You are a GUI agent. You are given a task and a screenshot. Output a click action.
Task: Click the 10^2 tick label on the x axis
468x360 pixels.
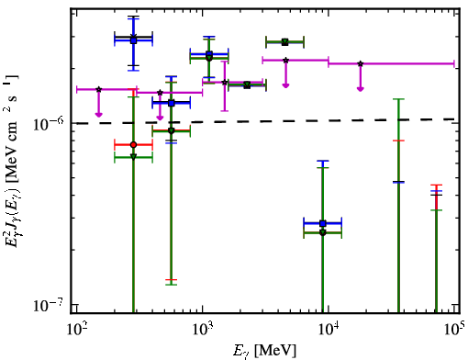point(77,330)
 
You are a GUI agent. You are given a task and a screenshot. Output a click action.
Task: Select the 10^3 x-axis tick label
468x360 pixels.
point(203,330)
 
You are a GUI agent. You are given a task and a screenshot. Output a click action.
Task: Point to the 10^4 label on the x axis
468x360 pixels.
point(329,330)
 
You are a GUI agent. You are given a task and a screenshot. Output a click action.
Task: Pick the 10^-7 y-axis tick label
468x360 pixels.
point(50,305)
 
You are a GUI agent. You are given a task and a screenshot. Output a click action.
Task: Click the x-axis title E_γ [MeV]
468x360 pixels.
point(264,350)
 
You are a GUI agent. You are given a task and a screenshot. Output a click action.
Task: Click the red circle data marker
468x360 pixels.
point(133,145)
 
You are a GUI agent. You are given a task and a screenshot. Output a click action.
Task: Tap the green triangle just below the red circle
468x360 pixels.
point(133,157)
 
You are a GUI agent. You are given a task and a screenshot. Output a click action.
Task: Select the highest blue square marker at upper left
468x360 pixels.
point(133,40)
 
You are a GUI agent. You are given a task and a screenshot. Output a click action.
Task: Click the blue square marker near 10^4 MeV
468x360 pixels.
point(323,223)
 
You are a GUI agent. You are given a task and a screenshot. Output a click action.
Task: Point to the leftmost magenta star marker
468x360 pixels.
point(98,89)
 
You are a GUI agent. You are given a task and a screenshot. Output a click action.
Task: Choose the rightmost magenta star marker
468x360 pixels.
point(361,63)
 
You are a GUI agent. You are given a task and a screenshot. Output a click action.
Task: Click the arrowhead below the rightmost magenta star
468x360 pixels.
point(361,89)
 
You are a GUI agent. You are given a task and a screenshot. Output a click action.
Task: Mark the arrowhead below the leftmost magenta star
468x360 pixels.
point(98,115)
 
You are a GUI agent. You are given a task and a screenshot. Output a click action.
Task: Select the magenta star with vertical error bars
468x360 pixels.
point(225,82)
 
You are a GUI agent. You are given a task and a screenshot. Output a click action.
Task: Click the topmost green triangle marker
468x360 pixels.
point(284,41)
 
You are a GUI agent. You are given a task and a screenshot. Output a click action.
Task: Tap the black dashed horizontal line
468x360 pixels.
point(265,121)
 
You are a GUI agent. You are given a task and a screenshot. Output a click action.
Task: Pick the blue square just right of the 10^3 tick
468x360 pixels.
point(209,54)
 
